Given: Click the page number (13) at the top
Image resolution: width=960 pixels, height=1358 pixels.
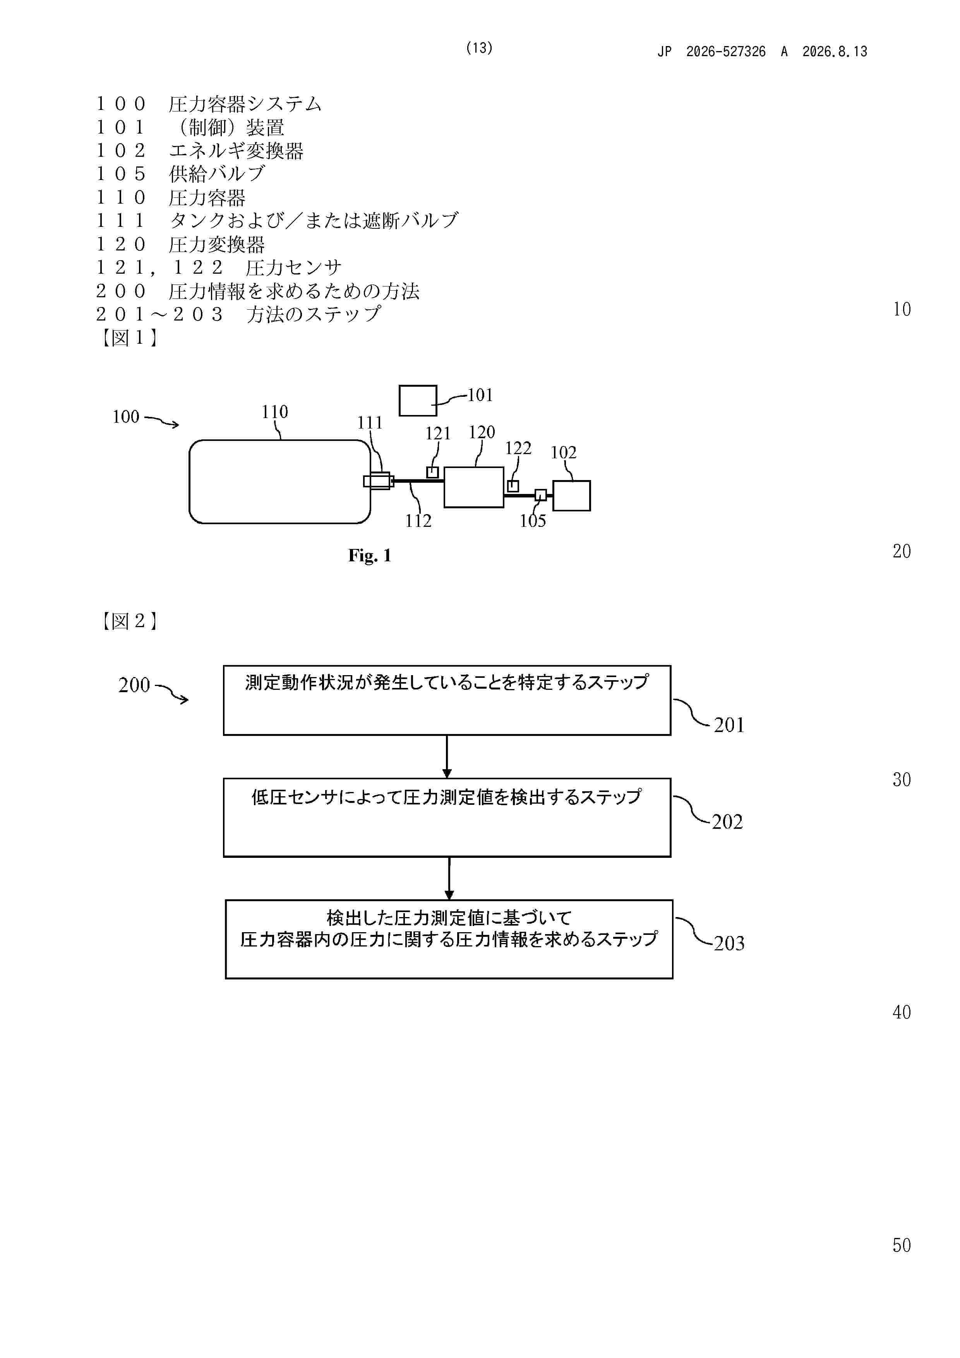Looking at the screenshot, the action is click(x=479, y=48).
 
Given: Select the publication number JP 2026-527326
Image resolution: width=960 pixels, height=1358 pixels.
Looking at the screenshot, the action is click(x=711, y=51).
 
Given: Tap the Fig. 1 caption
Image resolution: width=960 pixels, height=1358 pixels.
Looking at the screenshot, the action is click(x=370, y=556).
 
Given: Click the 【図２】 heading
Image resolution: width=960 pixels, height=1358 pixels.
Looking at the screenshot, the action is click(x=129, y=621).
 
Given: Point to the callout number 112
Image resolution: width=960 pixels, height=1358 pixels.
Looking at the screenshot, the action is click(x=418, y=521).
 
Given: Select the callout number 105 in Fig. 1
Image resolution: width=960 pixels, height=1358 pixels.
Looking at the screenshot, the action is click(x=532, y=521).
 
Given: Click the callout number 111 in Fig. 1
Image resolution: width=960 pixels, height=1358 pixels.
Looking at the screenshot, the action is click(x=370, y=423).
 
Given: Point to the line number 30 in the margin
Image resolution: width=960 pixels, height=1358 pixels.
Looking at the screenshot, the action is click(x=902, y=780).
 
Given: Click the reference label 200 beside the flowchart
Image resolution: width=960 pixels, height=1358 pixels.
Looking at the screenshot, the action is click(x=134, y=685).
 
